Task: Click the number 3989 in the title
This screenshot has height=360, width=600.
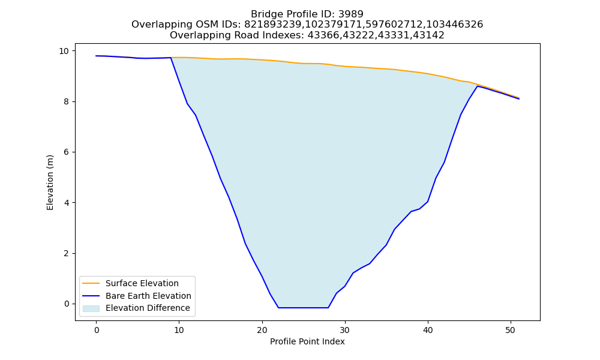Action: pos(350,14)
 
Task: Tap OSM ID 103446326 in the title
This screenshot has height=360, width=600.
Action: pos(455,25)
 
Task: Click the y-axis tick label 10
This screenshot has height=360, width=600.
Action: pos(64,51)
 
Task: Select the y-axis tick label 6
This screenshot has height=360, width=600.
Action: pos(67,152)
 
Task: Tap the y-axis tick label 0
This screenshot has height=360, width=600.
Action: pos(67,304)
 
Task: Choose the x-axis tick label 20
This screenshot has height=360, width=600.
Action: pos(262,330)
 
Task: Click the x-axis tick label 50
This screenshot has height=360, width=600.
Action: pos(511,330)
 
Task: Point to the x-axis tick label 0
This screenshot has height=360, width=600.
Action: pos(97,330)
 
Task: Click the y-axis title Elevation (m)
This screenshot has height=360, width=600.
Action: pos(50,182)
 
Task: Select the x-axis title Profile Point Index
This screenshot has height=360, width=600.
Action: pos(307,341)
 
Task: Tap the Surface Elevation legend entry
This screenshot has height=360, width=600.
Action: pos(130,283)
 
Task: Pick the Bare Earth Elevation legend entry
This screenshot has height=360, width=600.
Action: pos(137,296)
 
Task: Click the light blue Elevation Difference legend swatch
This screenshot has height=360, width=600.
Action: pos(91,308)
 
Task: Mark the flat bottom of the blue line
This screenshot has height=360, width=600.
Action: pos(303,308)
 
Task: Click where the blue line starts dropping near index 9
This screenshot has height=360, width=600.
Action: pos(170,58)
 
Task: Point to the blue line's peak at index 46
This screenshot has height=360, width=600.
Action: pos(478,86)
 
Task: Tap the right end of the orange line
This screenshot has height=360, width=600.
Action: pos(519,98)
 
